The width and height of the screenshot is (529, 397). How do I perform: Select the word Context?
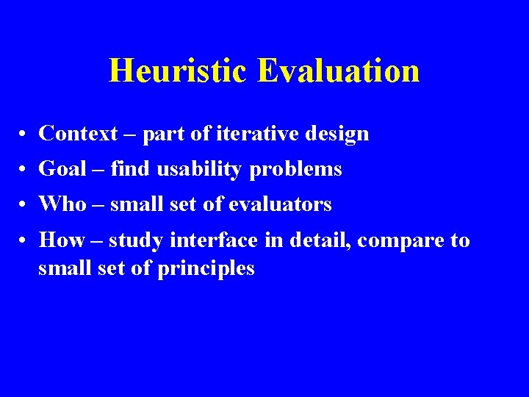[x=78, y=133]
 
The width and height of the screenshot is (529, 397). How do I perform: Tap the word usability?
[x=202, y=170]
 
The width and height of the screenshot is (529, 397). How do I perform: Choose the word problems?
[x=296, y=170]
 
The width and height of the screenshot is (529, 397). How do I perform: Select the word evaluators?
[x=280, y=204]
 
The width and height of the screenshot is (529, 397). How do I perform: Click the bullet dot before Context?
[x=24, y=135]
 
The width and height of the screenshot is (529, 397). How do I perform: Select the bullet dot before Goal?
[x=24, y=170]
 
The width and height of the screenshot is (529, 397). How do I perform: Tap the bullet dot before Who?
[x=24, y=205]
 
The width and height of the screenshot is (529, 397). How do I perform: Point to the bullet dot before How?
[x=24, y=241]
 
